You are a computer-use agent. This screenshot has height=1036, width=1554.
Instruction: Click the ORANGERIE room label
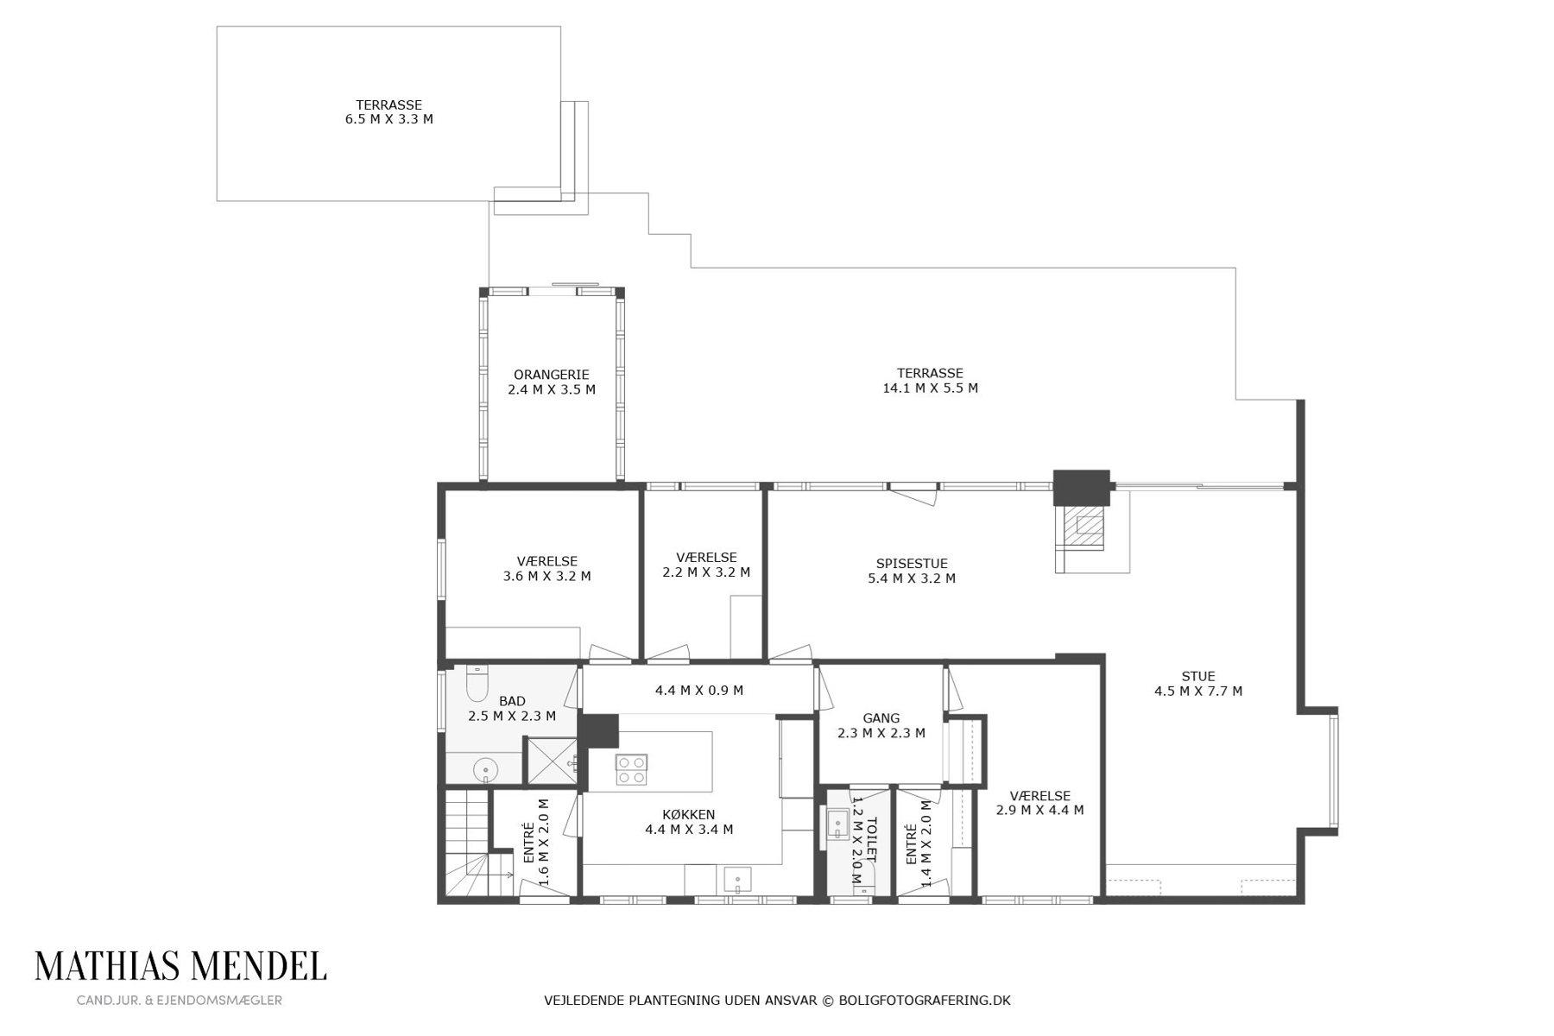point(551,375)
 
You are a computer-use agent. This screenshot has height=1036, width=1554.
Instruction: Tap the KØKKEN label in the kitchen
point(688,815)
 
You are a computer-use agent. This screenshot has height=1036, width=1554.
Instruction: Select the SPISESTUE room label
point(912,564)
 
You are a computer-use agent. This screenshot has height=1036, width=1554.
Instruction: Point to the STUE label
point(1198,677)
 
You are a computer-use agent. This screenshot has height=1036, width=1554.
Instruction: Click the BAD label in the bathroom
point(512,701)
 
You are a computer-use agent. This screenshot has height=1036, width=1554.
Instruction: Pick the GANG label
point(881,718)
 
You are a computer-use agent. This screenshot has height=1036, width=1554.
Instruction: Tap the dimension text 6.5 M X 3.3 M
point(388,119)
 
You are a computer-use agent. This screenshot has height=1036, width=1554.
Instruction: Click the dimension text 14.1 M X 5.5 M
point(930,388)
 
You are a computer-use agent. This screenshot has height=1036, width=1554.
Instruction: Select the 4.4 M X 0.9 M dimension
point(699,691)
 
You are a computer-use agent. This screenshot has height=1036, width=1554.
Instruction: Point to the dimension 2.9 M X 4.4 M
point(1039,811)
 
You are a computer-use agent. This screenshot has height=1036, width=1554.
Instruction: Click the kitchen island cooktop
point(631,769)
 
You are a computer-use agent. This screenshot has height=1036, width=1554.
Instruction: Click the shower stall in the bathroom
point(552,761)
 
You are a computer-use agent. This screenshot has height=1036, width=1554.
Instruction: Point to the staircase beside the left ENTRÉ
point(466,846)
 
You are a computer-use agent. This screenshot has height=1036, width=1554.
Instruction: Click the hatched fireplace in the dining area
point(1083,526)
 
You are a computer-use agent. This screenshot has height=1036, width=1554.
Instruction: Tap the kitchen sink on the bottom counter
point(738,880)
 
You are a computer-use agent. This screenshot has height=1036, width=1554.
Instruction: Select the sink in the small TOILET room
point(837,824)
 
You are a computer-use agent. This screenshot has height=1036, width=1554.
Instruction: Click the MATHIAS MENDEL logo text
point(180,966)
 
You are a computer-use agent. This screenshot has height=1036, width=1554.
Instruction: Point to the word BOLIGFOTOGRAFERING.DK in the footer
point(925,1001)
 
